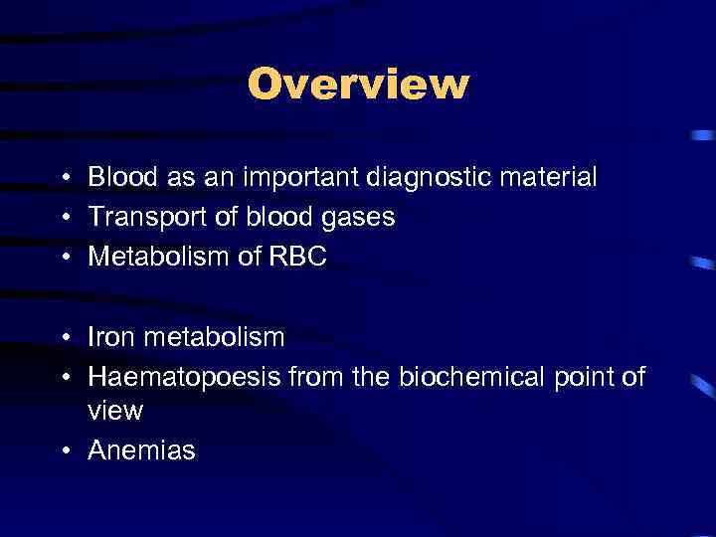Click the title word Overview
click(x=358, y=85)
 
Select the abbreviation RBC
click(x=297, y=257)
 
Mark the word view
click(x=115, y=410)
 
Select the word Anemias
click(x=142, y=450)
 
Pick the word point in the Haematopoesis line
click(x=587, y=377)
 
